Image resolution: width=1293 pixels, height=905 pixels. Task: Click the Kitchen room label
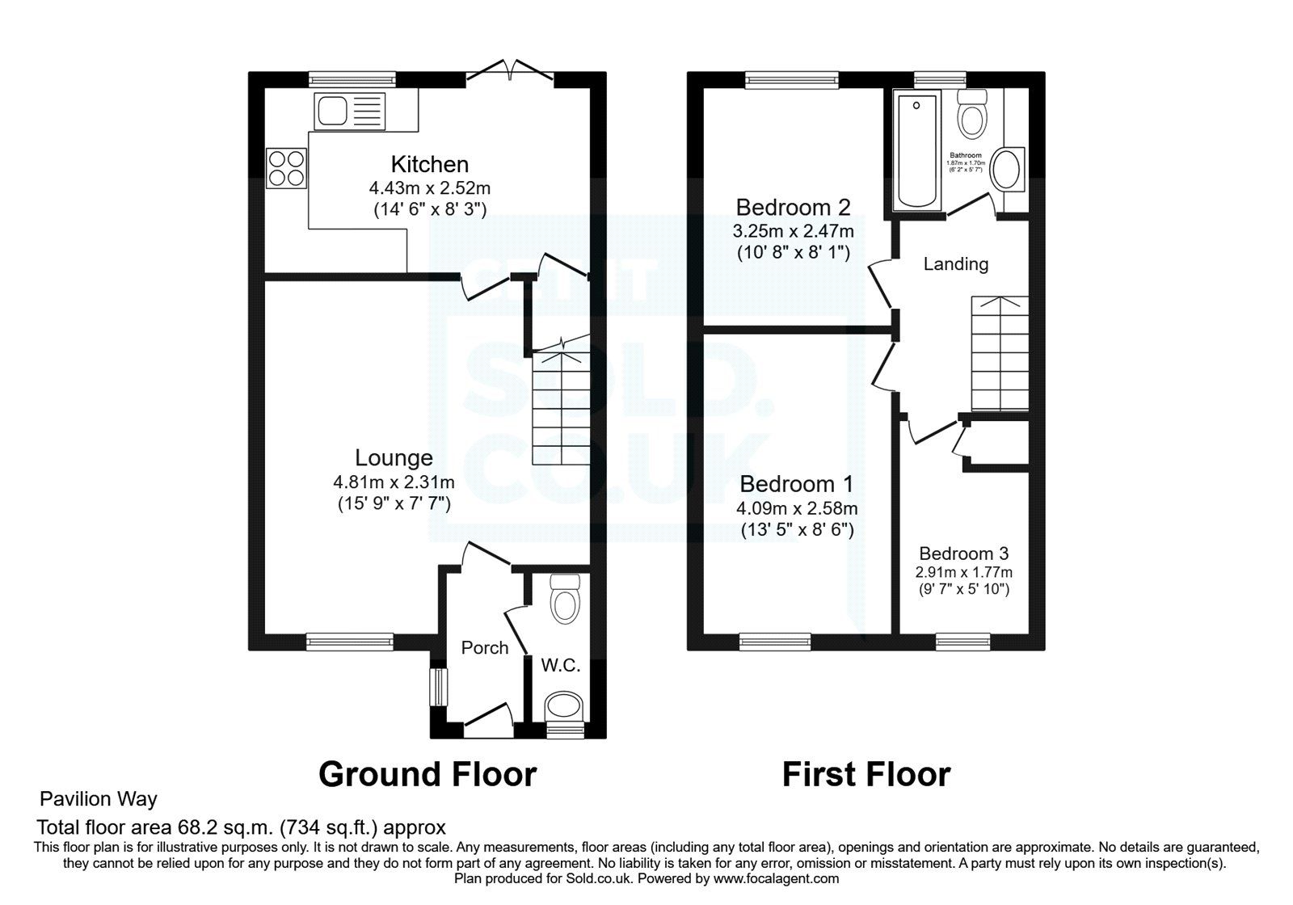click(x=429, y=164)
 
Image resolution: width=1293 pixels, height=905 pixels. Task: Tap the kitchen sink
click(x=352, y=111)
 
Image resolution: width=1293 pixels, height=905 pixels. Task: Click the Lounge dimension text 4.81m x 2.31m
click(x=394, y=482)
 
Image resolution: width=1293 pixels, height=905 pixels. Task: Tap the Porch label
click(x=485, y=647)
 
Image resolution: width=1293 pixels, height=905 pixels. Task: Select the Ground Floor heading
click(x=427, y=774)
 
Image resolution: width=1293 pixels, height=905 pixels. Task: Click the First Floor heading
click(x=866, y=774)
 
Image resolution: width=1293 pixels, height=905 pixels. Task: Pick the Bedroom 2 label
click(x=793, y=207)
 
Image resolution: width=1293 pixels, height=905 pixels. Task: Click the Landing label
click(x=956, y=263)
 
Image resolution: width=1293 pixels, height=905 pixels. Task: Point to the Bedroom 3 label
click(x=963, y=554)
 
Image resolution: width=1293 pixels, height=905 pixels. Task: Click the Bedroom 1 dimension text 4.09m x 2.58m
click(x=797, y=509)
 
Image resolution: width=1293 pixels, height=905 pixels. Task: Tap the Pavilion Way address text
click(x=99, y=799)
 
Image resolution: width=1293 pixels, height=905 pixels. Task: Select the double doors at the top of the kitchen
click(x=511, y=73)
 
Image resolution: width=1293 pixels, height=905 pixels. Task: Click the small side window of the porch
click(x=437, y=687)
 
